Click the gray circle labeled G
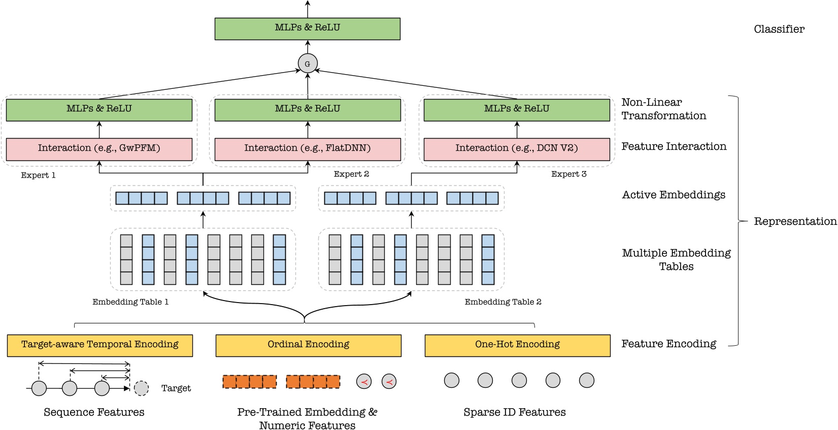[x=307, y=64]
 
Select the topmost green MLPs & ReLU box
[x=307, y=28]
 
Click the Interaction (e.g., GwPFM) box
[x=99, y=149]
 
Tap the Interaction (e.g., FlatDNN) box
[x=307, y=149]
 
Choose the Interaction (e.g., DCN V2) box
[x=516, y=149]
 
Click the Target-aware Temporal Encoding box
[x=99, y=345]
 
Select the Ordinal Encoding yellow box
[x=308, y=345]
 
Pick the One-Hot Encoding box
[x=517, y=345]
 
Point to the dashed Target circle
[x=141, y=388]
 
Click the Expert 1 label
[x=38, y=176]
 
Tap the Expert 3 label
[x=568, y=174]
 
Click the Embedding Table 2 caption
[x=502, y=302]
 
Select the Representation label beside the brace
[x=795, y=221]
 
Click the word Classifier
[x=779, y=29]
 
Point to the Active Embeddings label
[x=674, y=195]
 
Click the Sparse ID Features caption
[x=514, y=412]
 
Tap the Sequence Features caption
[x=94, y=412]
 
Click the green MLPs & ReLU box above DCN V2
[x=516, y=110]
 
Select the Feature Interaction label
[x=674, y=147]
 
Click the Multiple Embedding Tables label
[x=676, y=259]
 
